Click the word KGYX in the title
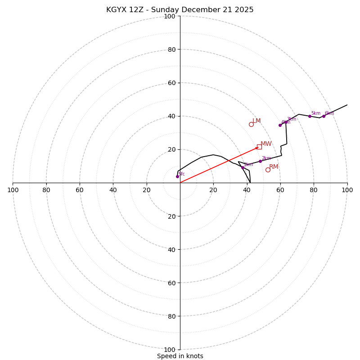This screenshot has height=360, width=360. click(x=115, y=10)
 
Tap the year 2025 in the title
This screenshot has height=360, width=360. click(x=243, y=10)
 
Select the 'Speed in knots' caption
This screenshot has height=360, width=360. click(x=180, y=356)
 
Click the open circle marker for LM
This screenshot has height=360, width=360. click(x=251, y=124)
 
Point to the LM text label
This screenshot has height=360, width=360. click(x=256, y=121)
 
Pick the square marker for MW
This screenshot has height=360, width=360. click(x=259, y=147)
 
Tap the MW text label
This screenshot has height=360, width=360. click(x=266, y=144)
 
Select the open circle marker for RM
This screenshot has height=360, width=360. click(x=268, y=170)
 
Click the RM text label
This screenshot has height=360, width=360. click(x=274, y=167)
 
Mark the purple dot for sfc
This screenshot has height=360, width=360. click(x=177, y=176)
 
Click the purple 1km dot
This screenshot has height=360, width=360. click(x=243, y=167)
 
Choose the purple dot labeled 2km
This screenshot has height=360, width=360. click(x=260, y=161)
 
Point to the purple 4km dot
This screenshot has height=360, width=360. click(x=280, y=125)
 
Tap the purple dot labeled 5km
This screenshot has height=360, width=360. click(x=310, y=116)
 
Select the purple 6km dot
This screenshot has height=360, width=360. click(x=324, y=116)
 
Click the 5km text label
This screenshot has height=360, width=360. click(x=316, y=113)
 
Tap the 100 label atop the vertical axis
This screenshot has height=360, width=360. click(x=169, y=16)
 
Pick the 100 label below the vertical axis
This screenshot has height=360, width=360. click(x=169, y=350)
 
